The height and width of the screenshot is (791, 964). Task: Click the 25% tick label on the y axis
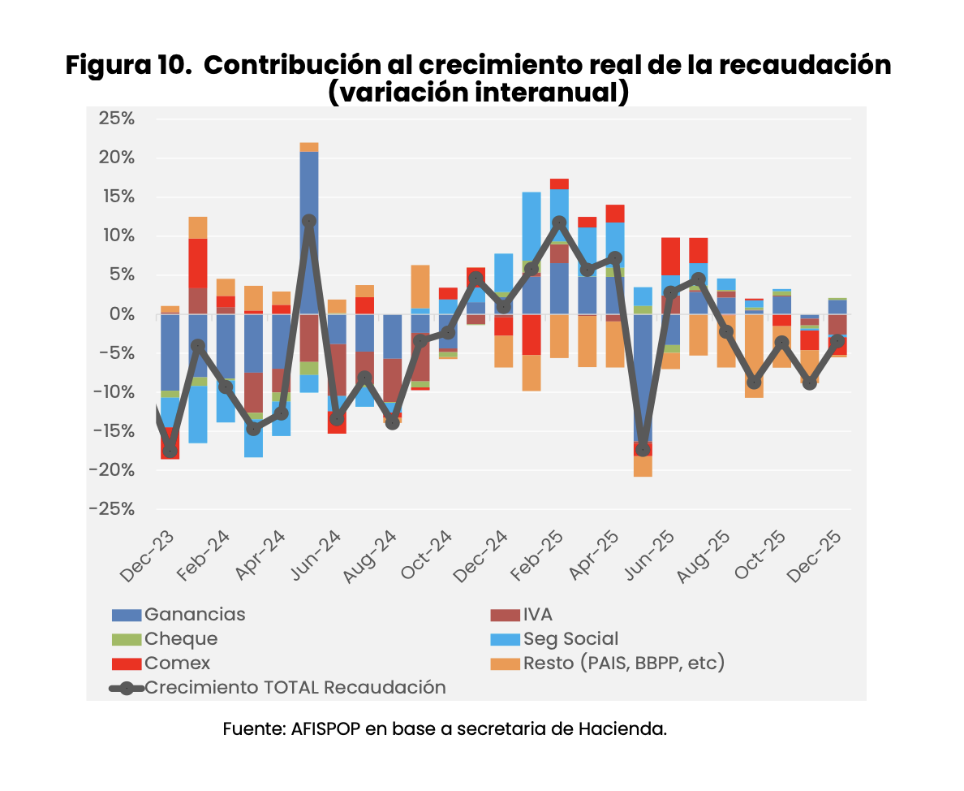pos(116,119)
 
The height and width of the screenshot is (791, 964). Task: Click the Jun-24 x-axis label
pos(307,558)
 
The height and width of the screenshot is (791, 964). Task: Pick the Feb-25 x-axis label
pos(529,558)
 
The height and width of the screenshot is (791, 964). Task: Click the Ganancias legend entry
pos(195,615)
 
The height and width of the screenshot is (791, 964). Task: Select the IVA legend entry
pos(537,615)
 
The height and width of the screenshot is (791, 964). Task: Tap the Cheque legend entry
pos(181,639)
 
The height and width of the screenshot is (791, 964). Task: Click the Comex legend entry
pos(178,663)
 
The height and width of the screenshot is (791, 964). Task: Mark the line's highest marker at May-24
pos(309,221)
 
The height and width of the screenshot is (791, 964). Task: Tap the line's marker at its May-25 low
pos(643,449)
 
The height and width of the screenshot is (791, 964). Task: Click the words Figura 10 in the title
pos(128,65)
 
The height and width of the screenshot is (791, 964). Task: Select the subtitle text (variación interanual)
pos(479,92)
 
